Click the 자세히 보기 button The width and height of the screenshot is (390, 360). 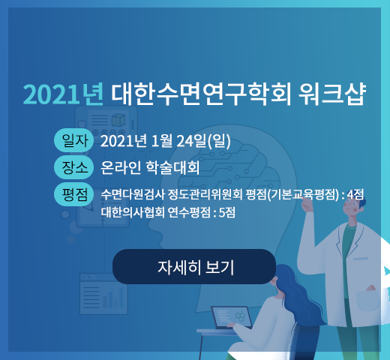(194, 266)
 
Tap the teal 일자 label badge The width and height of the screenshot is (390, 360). (74, 140)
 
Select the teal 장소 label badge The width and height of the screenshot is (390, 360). (74, 167)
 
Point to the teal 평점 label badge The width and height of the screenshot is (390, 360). (74, 194)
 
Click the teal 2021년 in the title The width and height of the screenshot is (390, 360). (63, 94)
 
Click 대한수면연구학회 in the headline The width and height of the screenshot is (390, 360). (201, 94)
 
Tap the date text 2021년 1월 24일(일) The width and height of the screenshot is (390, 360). (166, 141)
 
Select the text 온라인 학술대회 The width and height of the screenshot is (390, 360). (150, 167)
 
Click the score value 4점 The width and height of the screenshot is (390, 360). (355, 194)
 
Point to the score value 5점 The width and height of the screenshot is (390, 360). (227, 213)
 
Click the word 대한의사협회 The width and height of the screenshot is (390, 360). (133, 213)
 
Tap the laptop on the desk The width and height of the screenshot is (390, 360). (231, 317)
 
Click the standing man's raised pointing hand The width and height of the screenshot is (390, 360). (307, 205)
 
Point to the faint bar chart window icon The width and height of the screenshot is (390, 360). (103, 294)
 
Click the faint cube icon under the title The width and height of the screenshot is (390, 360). (118, 120)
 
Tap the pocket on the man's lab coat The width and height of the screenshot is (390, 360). (368, 300)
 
